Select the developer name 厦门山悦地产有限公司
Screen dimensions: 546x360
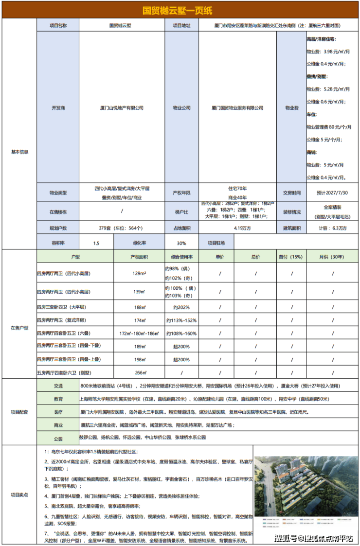coord(122,108)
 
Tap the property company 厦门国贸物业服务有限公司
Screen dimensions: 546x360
coord(237,108)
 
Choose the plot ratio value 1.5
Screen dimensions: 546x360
coord(96,242)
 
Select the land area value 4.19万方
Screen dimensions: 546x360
coord(237,228)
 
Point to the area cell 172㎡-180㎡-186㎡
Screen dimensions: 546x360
coord(139,334)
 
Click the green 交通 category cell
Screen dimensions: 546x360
coord(58,386)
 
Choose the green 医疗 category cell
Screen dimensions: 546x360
coord(58,412)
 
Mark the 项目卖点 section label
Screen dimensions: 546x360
coord(19,495)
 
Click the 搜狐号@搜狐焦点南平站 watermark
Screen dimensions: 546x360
coord(314,538)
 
